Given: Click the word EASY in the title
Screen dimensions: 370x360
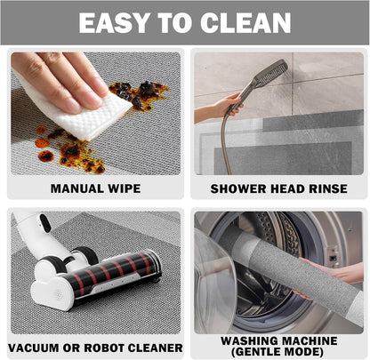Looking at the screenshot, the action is [115, 23].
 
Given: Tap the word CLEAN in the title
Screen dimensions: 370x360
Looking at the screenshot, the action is [245, 23].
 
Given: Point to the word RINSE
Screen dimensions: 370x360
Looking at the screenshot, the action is [328, 189].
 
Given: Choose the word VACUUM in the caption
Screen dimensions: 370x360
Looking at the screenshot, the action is [34, 348].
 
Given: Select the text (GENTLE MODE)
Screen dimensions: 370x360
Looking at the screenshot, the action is [277, 352].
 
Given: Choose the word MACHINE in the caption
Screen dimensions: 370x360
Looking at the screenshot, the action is [308, 340].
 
